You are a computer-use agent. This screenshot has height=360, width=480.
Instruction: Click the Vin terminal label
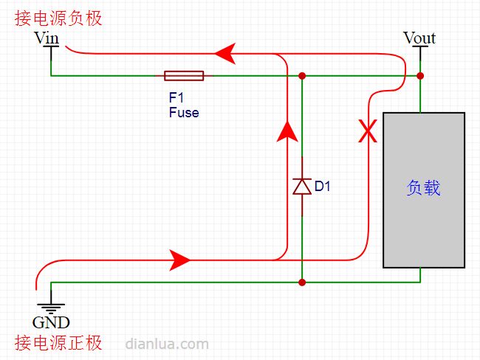(47, 38)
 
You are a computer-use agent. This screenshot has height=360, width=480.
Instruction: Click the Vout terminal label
(419, 38)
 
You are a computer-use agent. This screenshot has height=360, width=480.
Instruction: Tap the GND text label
(51, 322)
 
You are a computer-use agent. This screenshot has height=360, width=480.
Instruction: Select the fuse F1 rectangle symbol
(184, 75)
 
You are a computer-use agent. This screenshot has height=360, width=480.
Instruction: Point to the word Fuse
(184, 112)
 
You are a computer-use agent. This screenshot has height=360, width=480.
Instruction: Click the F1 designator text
(176, 97)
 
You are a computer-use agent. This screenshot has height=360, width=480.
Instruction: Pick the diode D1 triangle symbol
(302, 187)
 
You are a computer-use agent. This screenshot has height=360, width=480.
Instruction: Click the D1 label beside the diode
(323, 186)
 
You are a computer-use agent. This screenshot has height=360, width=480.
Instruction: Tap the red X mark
(368, 131)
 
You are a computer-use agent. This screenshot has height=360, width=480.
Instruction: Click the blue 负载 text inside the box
(424, 187)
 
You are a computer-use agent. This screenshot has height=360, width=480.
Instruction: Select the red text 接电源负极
(58, 18)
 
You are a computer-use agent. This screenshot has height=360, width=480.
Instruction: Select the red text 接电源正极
(58, 342)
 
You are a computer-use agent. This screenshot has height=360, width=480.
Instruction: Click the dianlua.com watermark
(167, 344)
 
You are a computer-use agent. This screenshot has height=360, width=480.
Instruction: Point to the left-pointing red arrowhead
(225, 54)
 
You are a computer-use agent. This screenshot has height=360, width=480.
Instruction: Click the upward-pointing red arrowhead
(287, 131)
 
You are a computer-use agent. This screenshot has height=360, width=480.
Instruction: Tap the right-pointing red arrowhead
(179, 260)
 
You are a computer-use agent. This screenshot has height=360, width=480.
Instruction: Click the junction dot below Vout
(420, 75)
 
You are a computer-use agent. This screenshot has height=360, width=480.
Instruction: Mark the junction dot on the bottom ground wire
(302, 282)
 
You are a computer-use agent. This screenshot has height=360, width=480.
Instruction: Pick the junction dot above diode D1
(302, 75)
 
